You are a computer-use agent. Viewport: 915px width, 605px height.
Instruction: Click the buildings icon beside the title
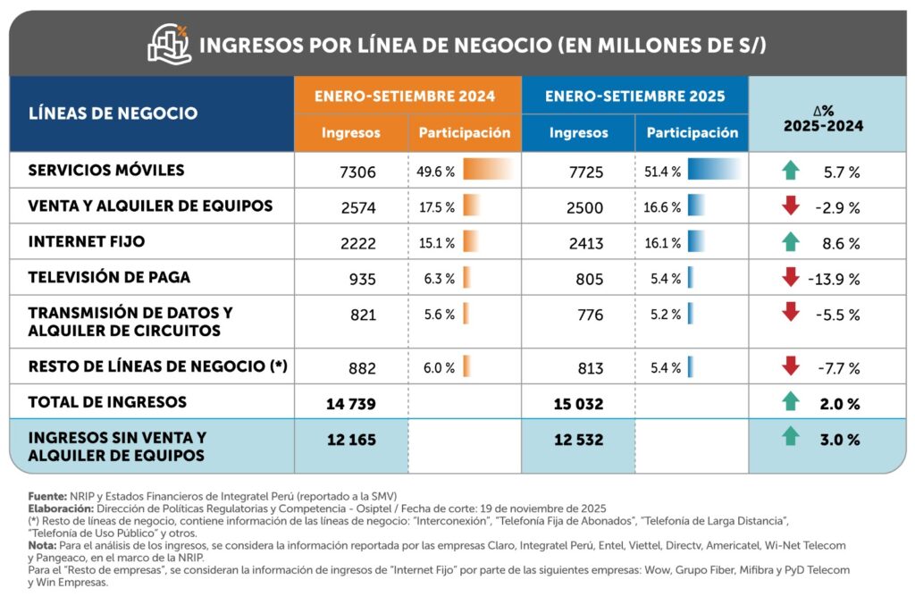tap(170, 44)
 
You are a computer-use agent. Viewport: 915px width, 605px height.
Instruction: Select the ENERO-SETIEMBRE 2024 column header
tap(407, 96)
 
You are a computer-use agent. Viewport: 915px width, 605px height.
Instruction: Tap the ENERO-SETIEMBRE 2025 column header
tap(634, 96)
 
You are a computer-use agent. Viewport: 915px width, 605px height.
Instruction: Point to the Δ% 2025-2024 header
tap(824, 118)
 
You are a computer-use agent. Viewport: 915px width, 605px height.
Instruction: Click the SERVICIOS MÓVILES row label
tap(106, 170)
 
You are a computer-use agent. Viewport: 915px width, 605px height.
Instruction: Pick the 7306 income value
tap(359, 171)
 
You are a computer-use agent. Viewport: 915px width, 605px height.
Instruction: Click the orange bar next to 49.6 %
tap(488, 169)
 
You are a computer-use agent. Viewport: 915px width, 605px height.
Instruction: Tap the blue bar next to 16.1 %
tap(696, 242)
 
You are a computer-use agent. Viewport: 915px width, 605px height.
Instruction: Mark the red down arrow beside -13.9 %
tap(790, 278)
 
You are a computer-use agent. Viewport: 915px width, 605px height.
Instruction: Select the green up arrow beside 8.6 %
tap(790, 242)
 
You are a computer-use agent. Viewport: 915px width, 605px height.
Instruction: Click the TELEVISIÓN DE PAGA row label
tap(109, 277)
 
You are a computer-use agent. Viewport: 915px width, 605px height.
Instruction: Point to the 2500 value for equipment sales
tap(585, 207)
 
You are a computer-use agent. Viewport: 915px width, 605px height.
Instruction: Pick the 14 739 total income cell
tap(351, 403)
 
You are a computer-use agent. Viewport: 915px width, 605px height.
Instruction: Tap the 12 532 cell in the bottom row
tap(578, 440)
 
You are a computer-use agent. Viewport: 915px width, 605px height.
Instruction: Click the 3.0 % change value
tap(842, 440)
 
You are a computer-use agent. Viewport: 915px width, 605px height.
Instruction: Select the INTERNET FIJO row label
tap(87, 241)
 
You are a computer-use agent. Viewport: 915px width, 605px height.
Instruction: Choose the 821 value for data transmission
tap(363, 315)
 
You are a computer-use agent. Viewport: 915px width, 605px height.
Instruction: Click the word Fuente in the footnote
tap(46, 495)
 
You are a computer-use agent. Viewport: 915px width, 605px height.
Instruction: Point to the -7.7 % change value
tap(838, 367)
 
